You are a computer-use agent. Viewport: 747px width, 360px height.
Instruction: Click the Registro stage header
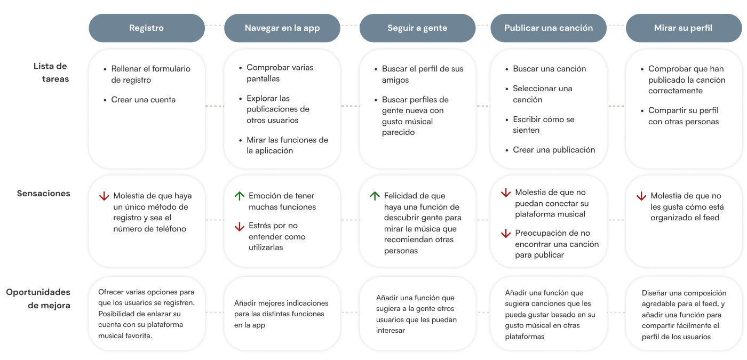tap(146, 28)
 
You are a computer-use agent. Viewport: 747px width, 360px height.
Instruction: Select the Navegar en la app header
tap(282, 28)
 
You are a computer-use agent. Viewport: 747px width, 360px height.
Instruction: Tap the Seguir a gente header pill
tap(417, 28)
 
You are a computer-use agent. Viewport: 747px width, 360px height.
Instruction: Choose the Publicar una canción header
tap(548, 28)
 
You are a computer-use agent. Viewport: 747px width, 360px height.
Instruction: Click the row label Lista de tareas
tap(51, 73)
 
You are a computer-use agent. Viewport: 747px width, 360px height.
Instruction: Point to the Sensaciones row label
tap(43, 193)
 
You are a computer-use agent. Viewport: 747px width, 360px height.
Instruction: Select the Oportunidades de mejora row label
tap(38, 299)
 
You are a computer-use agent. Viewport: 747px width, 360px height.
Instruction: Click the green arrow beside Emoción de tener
tap(240, 196)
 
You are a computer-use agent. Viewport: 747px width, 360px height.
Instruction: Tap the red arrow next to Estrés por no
tap(240, 227)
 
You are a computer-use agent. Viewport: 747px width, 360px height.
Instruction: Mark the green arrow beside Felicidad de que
tap(375, 196)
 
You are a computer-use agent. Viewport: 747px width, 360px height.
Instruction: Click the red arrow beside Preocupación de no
tap(506, 234)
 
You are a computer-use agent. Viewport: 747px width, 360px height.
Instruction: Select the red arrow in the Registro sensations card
tap(104, 196)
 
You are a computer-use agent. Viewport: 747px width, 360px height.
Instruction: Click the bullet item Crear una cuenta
tap(143, 100)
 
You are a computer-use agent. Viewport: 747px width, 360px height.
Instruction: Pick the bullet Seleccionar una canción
tap(542, 94)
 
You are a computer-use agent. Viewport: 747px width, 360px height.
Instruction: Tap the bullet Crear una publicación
tap(554, 150)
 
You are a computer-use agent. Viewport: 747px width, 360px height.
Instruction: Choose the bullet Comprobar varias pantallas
tap(280, 73)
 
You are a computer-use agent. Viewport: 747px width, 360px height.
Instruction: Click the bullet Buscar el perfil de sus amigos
tap(422, 74)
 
